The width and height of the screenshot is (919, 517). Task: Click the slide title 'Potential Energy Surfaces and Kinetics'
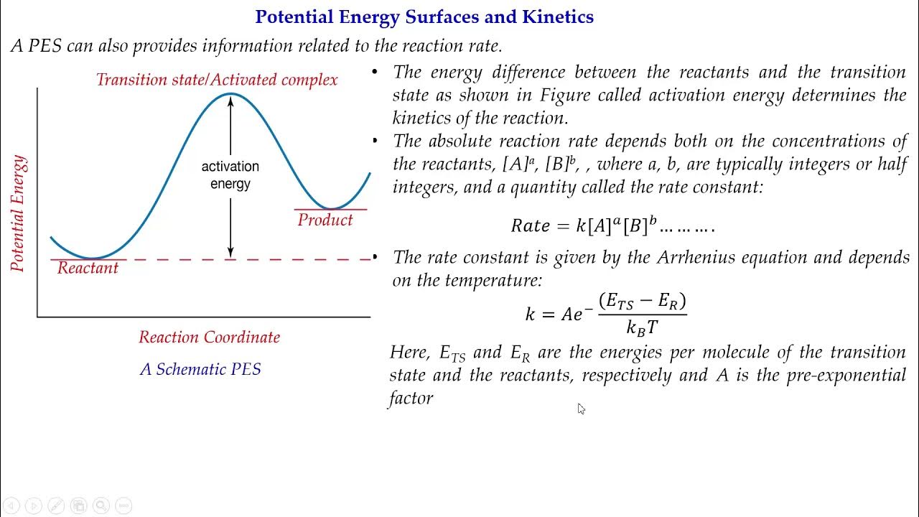tap(424, 17)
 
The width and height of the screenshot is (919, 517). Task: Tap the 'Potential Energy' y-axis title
tap(18, 213)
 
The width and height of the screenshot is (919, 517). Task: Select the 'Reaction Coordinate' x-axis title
tap(209, 337)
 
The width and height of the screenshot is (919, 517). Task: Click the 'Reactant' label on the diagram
tap(88, 268)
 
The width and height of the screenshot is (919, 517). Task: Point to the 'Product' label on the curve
tap(325, 220)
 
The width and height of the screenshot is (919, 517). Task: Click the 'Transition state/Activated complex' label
tap(217, 80)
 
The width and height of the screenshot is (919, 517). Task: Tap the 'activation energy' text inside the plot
tap(230, 175)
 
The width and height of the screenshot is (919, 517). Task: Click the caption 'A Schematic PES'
tap(200, 370)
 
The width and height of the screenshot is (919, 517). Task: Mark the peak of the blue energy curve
tap(230, 93)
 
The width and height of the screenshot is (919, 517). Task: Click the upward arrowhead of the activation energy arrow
tap(230, 100)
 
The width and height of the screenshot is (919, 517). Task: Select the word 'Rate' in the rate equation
tap(530, 226)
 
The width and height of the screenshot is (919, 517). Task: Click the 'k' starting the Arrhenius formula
tap(531, 315)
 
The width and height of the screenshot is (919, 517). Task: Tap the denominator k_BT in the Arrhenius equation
tap(642, 327)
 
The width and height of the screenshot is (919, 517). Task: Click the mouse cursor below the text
tap(581, 409)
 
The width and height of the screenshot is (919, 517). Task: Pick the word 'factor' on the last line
tap(411, 398)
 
